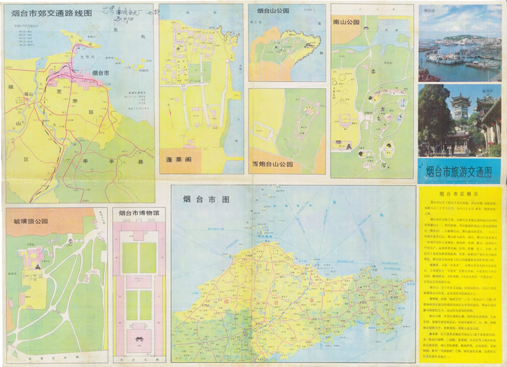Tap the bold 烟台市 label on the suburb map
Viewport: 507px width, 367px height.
[x=101, y=73]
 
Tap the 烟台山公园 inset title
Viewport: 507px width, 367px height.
[x=274, y=11]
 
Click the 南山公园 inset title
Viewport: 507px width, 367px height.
[x=346, y=22]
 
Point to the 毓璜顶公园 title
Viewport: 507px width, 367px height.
[x=30, y=221]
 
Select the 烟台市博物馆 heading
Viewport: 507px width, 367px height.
[x=138, y=213]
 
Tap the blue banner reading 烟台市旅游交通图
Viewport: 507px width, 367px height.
[x=459, y=171]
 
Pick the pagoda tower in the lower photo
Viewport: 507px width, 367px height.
[x=459, y=111]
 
